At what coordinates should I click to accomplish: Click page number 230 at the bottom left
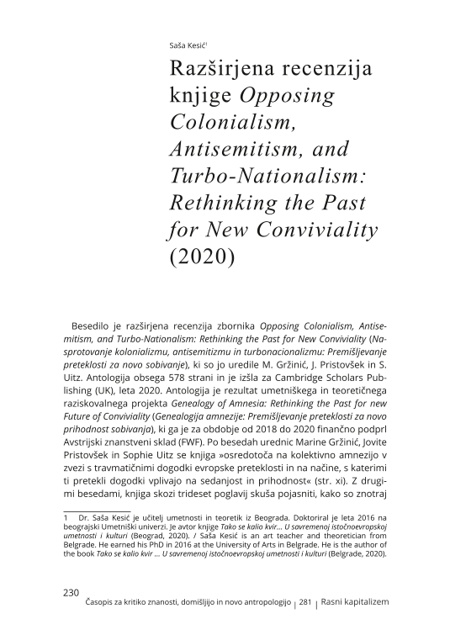tap(71, 592)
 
